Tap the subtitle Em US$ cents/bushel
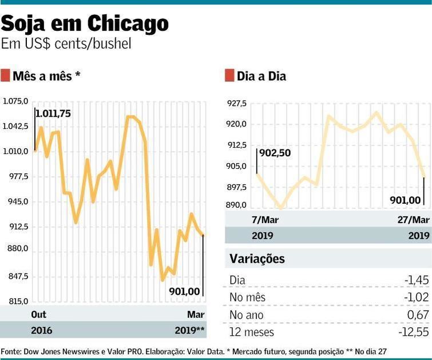(66, 43)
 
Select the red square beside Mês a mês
(5, 76)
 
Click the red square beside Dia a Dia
(229, 76)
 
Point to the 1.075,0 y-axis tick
(15, 101)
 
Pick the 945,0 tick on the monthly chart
(18, 201)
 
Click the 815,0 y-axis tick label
(18, 301)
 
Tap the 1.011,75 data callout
(53, 113)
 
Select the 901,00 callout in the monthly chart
(184, 291)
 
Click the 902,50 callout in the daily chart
(275, 153)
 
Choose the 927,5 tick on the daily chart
(236, 103)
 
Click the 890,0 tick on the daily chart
(236, 205)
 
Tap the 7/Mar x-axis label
(265, 220)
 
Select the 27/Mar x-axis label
(413, 220)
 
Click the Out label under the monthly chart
(38, 314)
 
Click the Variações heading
(257, 259)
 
